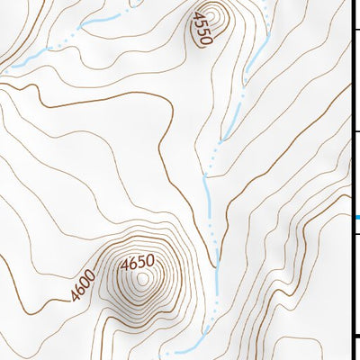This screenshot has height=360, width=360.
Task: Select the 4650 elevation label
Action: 137,263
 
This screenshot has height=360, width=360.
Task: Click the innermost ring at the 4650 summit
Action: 141,280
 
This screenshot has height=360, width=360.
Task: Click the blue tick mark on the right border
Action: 356,217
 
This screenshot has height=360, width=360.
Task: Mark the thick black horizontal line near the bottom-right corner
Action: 355,337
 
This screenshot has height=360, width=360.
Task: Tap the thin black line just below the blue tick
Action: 355,232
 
